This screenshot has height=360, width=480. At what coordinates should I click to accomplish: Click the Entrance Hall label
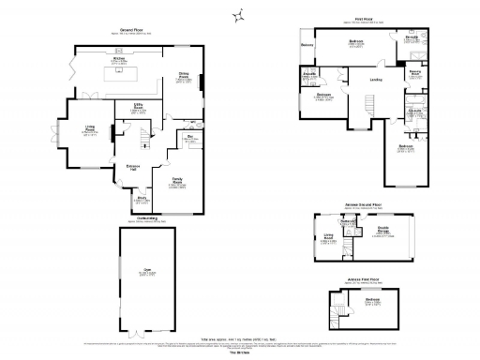(133, 167)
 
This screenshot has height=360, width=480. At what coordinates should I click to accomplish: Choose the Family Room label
(176, 179)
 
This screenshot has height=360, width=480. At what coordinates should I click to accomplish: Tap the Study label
(142, 198)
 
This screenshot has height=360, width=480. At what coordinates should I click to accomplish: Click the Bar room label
(190, 138)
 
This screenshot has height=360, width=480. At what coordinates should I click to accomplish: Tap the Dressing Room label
(414, 71)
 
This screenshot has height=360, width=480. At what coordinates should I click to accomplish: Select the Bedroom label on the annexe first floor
(371, 301)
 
